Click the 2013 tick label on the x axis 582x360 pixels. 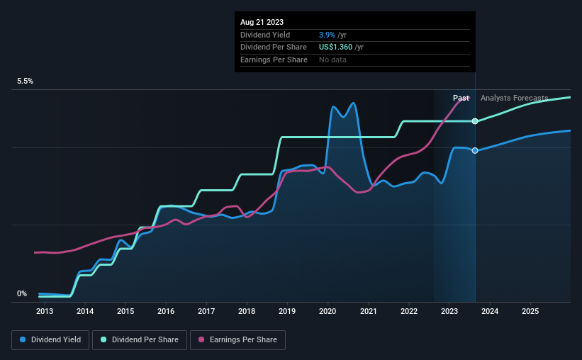(44, 311)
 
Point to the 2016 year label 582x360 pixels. (165, 311)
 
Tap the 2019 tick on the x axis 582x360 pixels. (287, 311)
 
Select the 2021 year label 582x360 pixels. (368, 311)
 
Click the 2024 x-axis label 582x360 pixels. (490, 311)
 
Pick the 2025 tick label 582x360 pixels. (530, 311)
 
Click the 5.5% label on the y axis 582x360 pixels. (26, 81)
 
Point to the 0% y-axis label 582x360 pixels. (22, 293)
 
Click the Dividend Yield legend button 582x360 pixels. (50, 340)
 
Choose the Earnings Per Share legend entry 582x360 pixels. (238, 340)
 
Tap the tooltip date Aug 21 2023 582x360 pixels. (262, 22)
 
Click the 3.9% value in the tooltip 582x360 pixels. (328, 35)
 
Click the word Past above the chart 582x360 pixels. (461, 98)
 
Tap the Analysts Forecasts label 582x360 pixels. (514, 98)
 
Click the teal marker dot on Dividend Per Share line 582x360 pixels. (475, 121)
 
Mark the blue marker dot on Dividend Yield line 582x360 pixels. (475, 150)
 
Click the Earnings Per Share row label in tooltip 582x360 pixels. (274, 60)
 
